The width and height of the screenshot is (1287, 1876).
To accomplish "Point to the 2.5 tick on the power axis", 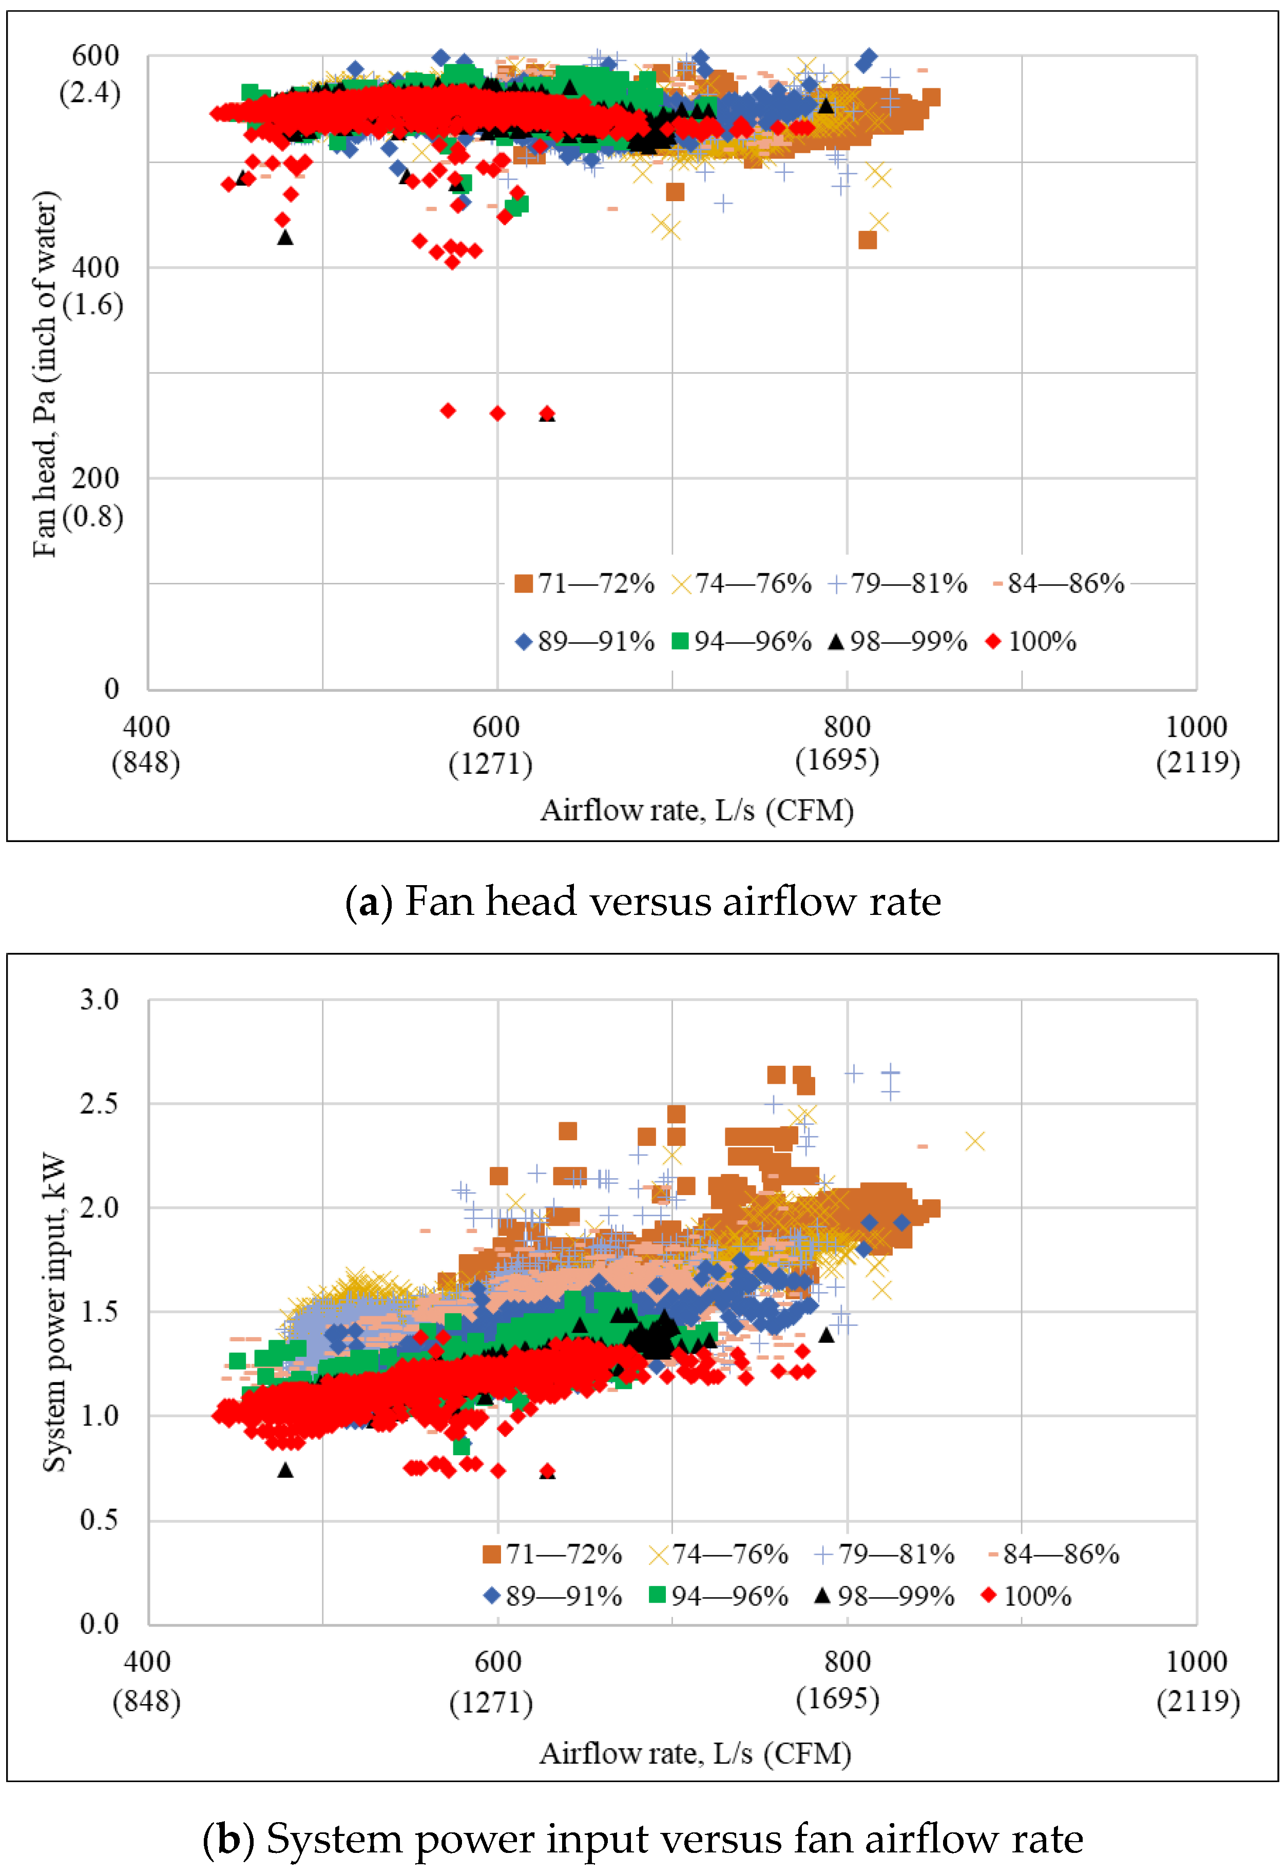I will click(x=99, y=1103).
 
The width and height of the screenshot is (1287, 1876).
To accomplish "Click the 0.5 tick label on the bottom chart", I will click(x=99, y=1520).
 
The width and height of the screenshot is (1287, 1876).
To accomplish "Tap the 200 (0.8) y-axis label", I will click(x=93, y=496).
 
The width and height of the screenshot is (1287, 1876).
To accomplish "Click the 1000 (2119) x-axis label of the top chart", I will click(x=1197, y=744).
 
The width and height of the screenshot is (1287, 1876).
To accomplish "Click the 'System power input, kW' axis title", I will click(x=54, y=1312).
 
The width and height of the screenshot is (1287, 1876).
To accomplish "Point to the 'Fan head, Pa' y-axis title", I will click(x=45, y=374).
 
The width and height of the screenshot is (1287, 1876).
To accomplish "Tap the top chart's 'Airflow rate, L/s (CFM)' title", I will click(x=696, y=810).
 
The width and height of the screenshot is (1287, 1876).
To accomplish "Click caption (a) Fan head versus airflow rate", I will click(x=643, y=901).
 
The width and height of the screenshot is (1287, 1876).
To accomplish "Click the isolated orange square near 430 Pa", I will click(x=867, y=240).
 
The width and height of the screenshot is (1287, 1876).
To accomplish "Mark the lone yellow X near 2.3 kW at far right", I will click(x=974, y=1141).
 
